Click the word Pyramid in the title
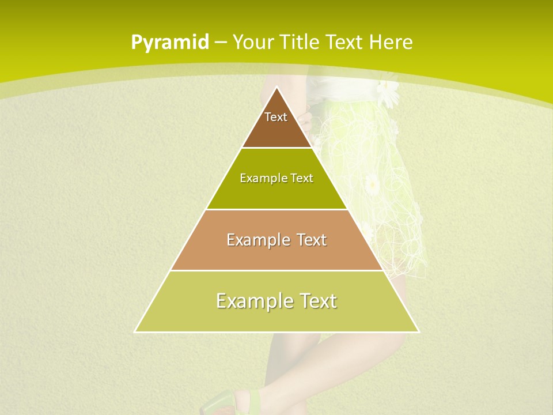[x=170, y=43]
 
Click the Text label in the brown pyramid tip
[x=276, y=117]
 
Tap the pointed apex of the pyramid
[x=276, y=88]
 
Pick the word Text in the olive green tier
[x=302, y=178]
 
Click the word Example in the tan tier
[x=253, y=240]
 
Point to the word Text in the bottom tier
[x=315, y=301]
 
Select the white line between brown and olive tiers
[x=276, y=148]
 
